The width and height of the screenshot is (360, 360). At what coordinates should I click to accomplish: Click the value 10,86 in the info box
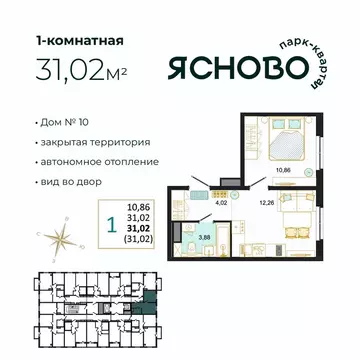pyautogui.click(x=138, y=206)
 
